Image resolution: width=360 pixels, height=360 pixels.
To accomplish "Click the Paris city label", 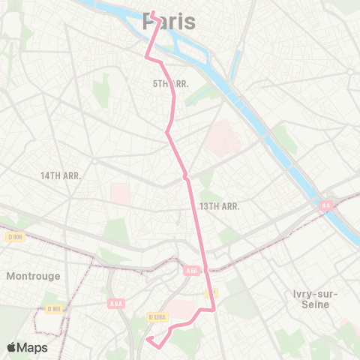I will (x=169, y=22).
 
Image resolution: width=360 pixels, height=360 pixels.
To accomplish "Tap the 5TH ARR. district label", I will (x=171, y=84).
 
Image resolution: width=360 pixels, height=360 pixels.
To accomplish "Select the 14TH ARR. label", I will (x=61, y=175).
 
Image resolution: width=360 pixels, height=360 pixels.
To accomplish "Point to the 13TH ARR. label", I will (x=219, y=205).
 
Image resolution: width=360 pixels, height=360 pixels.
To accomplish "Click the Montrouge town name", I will (x=33, y=276).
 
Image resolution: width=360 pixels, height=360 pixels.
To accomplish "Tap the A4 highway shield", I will (x=325, y=205).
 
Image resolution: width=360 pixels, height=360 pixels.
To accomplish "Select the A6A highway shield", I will (x=115, y=303).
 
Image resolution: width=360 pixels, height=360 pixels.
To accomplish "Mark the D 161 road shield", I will (x=53, y=309).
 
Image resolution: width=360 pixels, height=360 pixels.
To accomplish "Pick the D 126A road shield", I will (x=158, y=318).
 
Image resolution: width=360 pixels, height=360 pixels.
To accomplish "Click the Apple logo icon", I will (x=12, y=347).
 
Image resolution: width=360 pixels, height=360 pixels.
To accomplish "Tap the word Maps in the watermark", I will (x=34, y=347).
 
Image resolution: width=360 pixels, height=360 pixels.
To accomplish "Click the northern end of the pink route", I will (x=152, y=13).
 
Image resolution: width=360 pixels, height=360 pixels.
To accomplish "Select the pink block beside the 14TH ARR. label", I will (x=121, y=193).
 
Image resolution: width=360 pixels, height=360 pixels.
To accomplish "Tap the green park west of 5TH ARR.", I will (x=102, y=93).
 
